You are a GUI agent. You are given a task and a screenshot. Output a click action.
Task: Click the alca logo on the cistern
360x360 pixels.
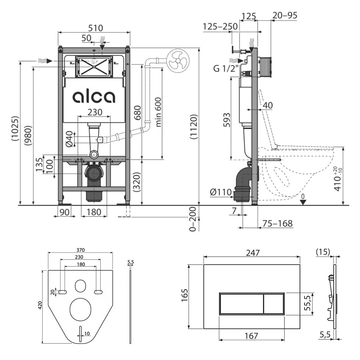click(94, 97)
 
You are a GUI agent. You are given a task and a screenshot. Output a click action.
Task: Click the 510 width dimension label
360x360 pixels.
click(95, 28)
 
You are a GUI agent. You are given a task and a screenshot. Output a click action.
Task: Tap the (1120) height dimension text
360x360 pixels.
click(194, 126)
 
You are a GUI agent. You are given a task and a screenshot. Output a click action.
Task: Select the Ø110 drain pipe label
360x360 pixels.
click(221, 192)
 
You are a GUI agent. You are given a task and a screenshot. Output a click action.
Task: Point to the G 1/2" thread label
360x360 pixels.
click(226, 68)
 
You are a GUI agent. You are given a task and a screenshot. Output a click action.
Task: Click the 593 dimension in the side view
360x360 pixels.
click(226, 120)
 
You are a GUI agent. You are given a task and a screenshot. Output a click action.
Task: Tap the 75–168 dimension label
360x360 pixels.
click(278, 223)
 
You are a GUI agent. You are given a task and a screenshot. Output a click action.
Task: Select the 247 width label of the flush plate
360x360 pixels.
click(253, 253)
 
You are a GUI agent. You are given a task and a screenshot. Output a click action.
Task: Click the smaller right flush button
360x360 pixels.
click(274, 303)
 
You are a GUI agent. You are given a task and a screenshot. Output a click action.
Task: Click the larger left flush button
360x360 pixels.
click(241, 303)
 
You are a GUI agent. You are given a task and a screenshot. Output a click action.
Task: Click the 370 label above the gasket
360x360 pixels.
click(81, 250)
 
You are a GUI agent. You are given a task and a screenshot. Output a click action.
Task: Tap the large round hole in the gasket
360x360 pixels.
click(81, 310)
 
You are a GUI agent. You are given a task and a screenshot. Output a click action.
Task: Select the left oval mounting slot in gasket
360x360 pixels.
click(62, 292)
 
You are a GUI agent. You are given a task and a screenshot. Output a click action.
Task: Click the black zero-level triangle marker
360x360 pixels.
click(303, 202)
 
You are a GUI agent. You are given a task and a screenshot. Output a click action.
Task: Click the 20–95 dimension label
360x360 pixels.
click(285, 15)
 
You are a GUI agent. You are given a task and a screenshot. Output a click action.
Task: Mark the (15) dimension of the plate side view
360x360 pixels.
click(323, 252)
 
